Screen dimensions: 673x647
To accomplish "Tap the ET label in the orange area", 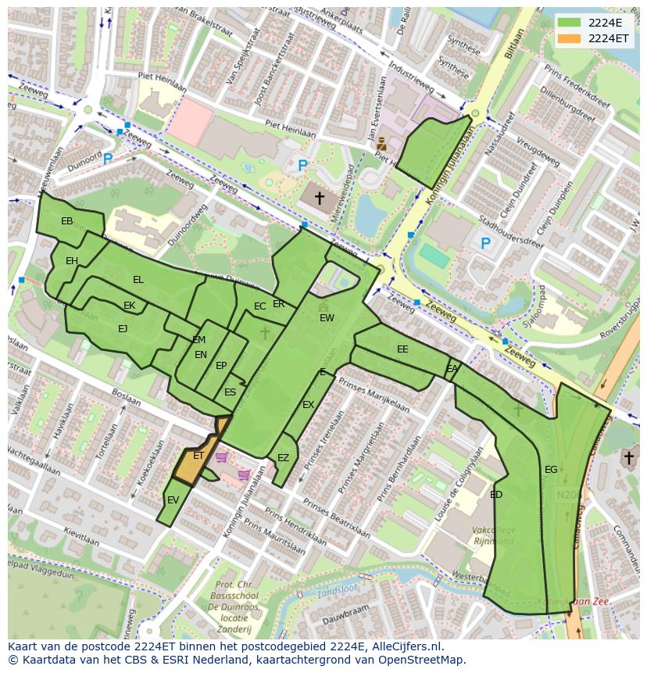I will coord(198,456).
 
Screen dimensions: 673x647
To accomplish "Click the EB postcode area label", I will coord(67,221).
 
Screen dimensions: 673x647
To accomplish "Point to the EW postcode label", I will coord(327,318).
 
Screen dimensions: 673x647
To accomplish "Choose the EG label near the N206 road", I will coord(551,470).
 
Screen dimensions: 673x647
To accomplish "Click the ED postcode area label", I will coord(496,495).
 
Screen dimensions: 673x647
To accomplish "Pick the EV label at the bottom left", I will coord(173,500).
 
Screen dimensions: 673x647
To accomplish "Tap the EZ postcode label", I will coord(283,458).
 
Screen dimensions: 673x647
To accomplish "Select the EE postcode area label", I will coord(402,349).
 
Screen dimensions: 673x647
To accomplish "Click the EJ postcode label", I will coord(123,329).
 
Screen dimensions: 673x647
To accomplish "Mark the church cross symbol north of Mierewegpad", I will coord(319,199).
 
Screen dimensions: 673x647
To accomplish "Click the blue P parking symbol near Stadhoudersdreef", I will coord(485,244).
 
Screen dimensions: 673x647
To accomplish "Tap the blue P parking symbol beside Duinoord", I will coord(108,159).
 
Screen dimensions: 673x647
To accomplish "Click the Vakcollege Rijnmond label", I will coord(493,535).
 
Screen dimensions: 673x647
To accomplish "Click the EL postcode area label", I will coord(138,280).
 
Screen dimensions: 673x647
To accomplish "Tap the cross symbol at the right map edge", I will coord(628,457).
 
